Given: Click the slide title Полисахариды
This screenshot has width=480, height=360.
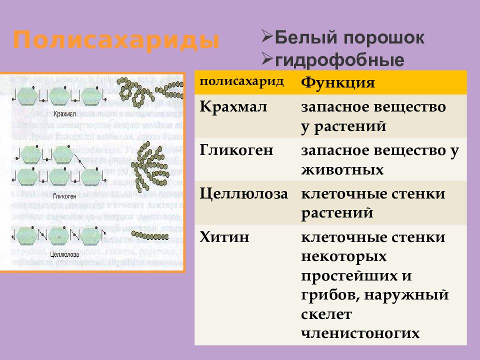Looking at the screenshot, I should pos(116,40).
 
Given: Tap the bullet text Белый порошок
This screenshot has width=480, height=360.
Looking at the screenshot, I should pos(349,38).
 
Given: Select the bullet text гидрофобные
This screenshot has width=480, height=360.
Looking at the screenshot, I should pos(339,60).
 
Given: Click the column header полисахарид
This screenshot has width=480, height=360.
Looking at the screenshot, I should pos(242,81).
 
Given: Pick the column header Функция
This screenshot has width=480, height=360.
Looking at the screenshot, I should pos(337,82).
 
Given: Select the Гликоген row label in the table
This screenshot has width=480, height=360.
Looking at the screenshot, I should pos(236,150).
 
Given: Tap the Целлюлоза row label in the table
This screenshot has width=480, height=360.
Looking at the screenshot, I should pos(244,194).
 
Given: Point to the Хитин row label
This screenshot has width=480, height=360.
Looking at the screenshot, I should pos(224,237).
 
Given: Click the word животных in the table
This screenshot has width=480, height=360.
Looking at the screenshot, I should pos(342,170).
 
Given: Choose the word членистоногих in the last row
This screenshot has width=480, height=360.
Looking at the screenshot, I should pos(360,333).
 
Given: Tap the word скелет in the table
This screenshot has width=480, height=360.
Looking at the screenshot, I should pos(326,314).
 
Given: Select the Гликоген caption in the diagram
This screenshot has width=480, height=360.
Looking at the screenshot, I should pos(65,196).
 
